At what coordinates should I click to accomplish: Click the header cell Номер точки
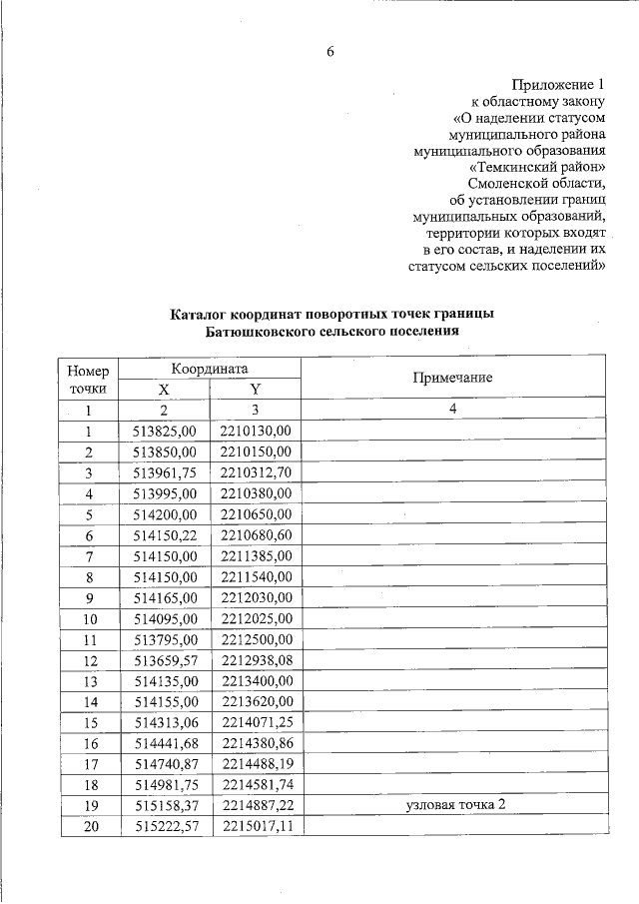pyautogui.click(x=88, y=378)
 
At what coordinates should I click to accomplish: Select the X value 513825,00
pyautogui.click(x=165, y=431)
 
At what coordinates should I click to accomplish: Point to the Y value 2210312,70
pyautogui.click(x=256, y=472)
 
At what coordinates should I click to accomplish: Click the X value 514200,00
pyautogui.click(x=165, y=514)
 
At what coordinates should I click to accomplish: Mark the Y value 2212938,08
pyautogui.click(x=256, y=660)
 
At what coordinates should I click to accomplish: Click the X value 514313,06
pyautogui.click(x=165, y=722)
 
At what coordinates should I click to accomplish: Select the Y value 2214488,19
pyautogui.click(x=256, y=764)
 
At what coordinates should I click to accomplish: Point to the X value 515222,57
pyautogui.click(x=165, y=826)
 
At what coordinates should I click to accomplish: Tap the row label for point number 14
pyautogui.click(x=88, y=701)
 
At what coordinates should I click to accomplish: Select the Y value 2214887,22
pyautogui.click(x=256, y=805)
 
